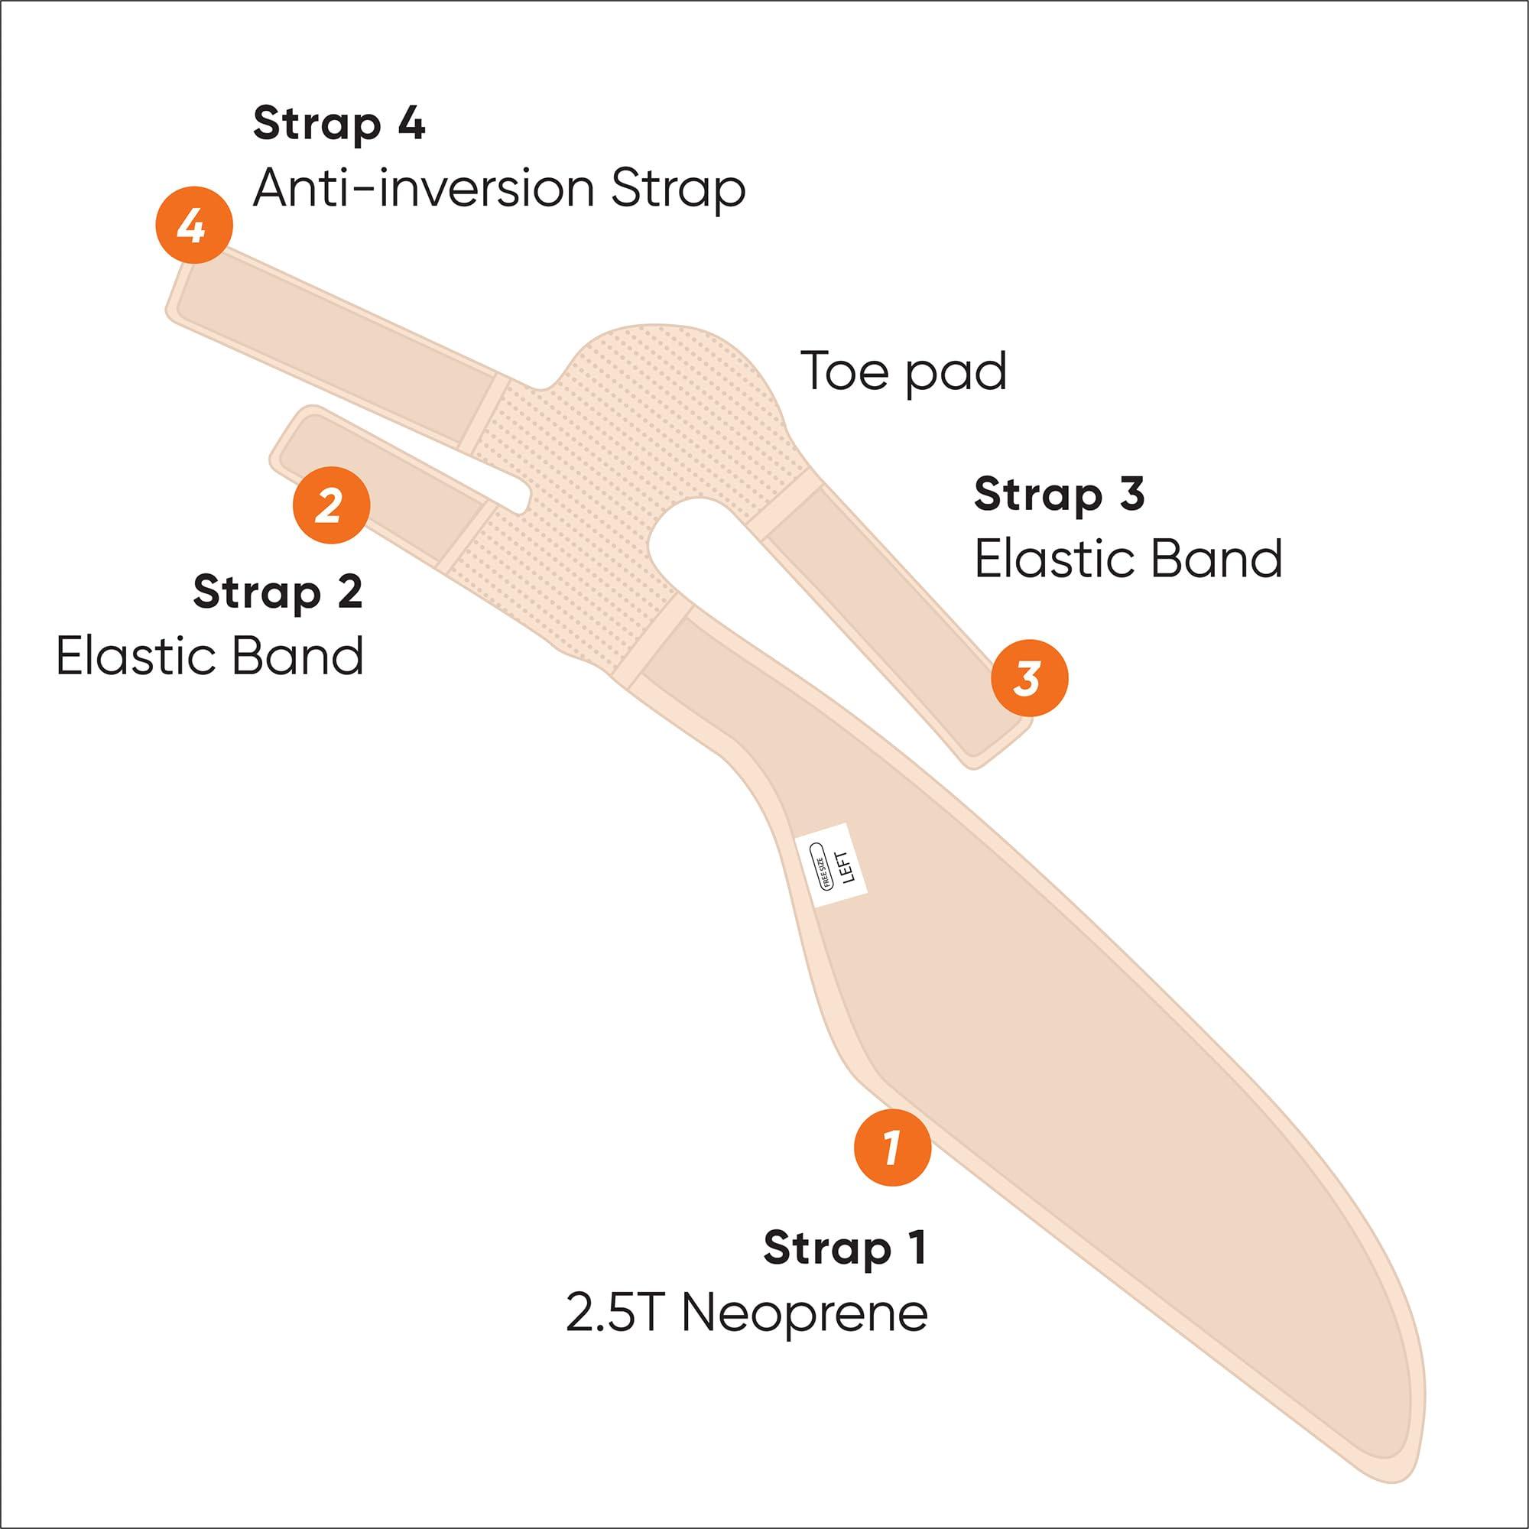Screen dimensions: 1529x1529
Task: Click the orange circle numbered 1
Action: pyautogui.click(x=893, y=1147)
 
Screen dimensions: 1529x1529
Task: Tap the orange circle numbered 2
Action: pyautogui.click(x=331, y=505)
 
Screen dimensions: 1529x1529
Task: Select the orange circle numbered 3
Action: pyautogui.click(x=1030, y=678)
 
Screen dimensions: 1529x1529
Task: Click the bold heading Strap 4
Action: pyautogui.click(x=339, y=125)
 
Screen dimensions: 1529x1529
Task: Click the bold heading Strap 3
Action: pyautogui.click(x=1059, y=494)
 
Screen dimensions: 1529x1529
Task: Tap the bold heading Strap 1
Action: pyautogui.click(x=845, y=1247)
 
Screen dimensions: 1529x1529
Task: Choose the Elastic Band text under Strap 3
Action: pyautogui.click(x=1128, y=558)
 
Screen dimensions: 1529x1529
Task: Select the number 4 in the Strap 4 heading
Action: pyautogui.click(x=409, y=125)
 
